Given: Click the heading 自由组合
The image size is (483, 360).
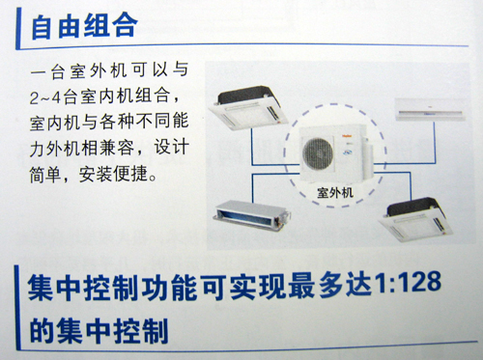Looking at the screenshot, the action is (x=85, y=26).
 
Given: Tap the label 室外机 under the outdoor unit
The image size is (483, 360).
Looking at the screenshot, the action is (x=335, y=193).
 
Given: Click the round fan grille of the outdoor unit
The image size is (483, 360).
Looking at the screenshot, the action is (x=318, y=153).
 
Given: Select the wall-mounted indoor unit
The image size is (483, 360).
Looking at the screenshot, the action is (x=430, y=109).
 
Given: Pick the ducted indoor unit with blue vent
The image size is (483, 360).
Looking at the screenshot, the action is (x=252, y=214).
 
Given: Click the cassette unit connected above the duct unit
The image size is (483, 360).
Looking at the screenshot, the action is (x=247, y=108).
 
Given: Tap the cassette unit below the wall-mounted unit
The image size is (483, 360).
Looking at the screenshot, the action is (x=415, y=220).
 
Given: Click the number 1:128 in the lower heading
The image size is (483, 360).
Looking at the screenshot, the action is (x=408, y=283).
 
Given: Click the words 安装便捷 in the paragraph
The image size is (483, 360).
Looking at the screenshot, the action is (x=113, y=175).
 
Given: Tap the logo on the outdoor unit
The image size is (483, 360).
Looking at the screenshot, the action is (x=347, y=136).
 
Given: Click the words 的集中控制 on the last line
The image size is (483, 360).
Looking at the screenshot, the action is (x=99, y=331).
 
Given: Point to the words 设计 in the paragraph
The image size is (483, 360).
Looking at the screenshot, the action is (x=171, y=147).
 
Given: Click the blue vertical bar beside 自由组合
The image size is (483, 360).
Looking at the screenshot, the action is (x=18, y=28).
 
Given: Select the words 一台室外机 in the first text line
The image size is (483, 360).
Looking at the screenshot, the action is (x=77, y=70).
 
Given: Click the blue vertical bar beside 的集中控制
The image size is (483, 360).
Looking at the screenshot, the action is (x=17, y=308).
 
